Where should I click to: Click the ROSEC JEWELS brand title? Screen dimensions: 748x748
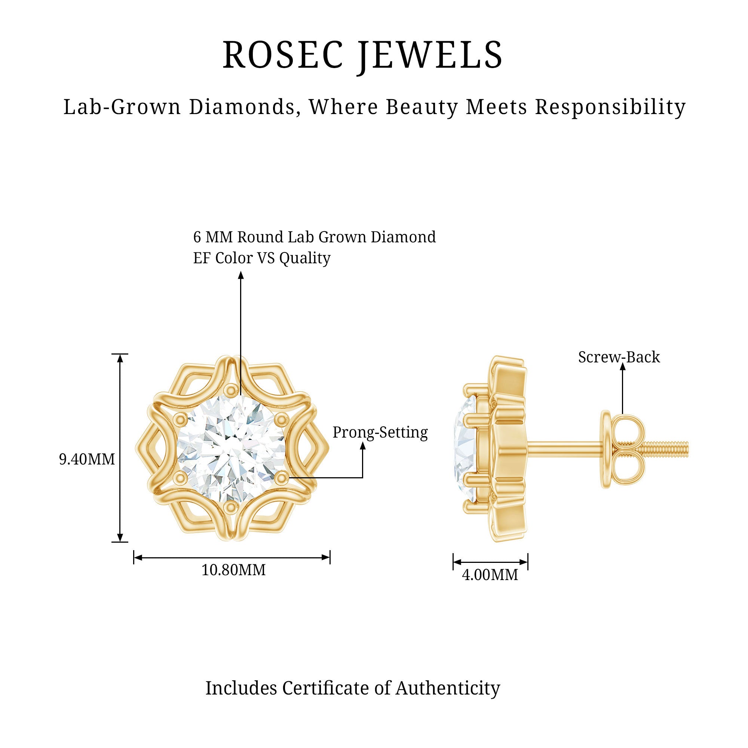click(362, 56)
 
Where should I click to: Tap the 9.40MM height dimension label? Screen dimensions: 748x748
click(87, 459)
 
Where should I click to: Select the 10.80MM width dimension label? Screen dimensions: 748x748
click(233, 570)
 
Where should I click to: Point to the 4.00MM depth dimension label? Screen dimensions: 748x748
click(490, 575)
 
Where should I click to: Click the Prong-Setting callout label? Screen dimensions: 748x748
click(380, 432)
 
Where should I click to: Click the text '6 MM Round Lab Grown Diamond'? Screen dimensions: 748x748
click(315, 237)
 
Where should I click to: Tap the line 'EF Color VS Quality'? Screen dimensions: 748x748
click(262, 258)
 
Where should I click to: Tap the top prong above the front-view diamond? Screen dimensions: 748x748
click(231, 389)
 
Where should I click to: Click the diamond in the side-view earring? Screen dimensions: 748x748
click(465, 449)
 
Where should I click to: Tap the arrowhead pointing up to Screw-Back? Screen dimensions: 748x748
click(623, 368)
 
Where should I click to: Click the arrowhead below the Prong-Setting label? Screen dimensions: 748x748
click(363, 446)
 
